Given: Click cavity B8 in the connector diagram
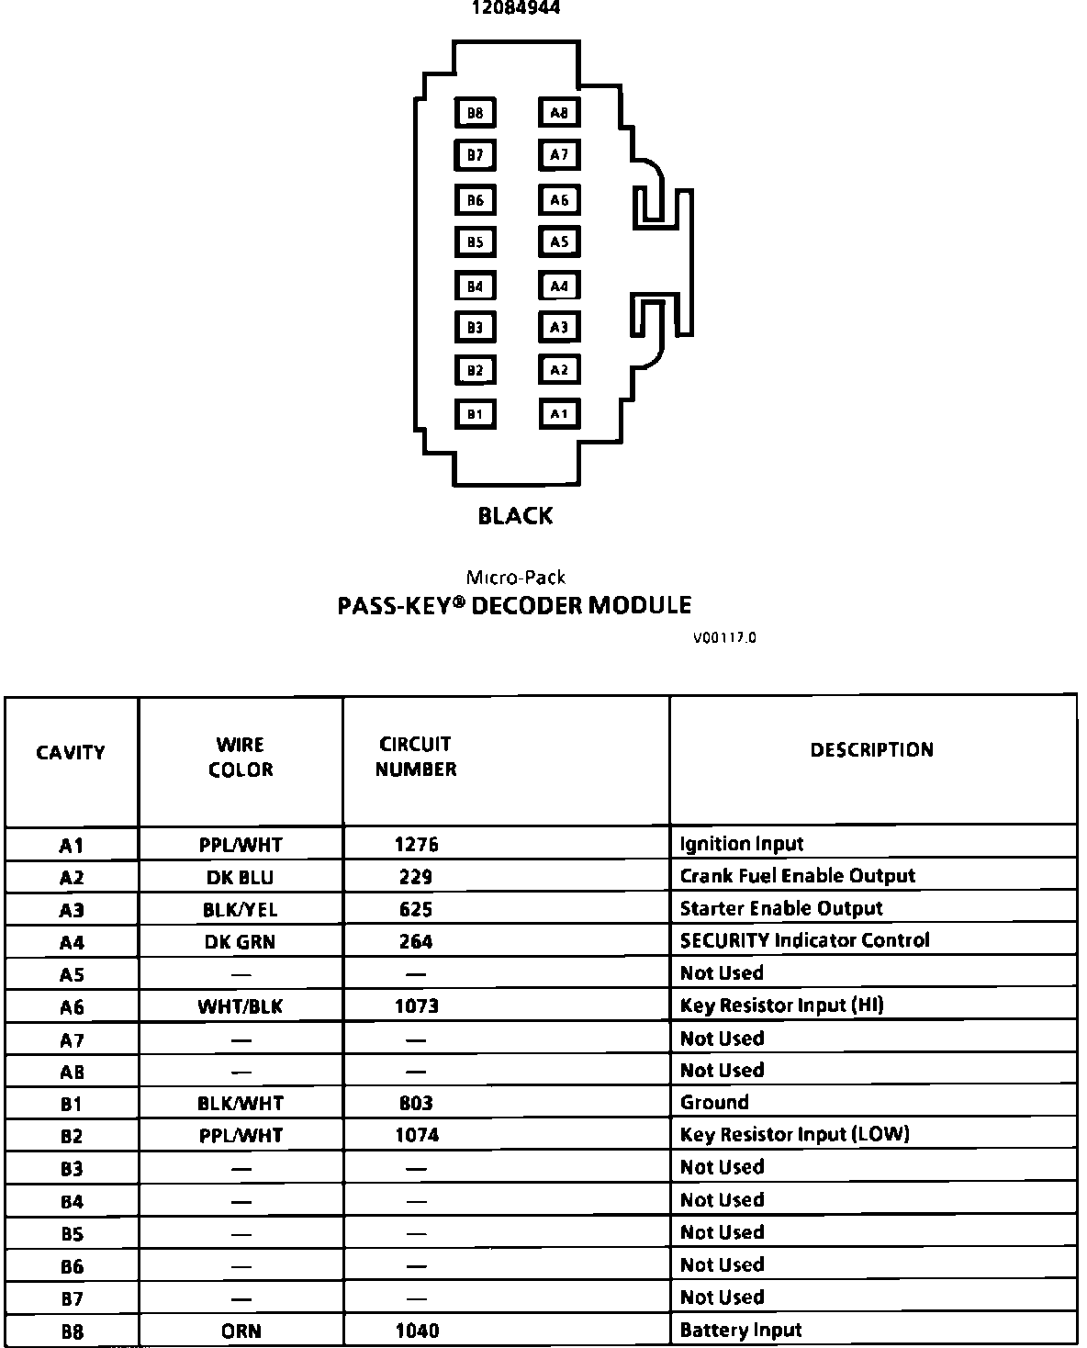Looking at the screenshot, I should pyautogui.click(x=475, y=113).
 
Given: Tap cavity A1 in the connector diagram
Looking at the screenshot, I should pyautogui.click(x=559, y=414).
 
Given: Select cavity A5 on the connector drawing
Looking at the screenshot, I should pyautogui.click(x=559, y=242).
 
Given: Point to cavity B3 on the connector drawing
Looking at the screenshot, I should pyautogui.click(x=475, y=328).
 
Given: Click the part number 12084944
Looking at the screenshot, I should pyautogui.click(x=515, y=8).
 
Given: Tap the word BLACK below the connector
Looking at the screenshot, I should pyautogui.click(x=515, y=516).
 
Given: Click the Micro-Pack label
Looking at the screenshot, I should pyautogui.click(x=515, y=578).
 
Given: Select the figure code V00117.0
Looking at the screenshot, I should pyautogui.click(x=724, y=638).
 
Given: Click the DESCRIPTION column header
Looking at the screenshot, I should pyautogui.click(x=871, y=750).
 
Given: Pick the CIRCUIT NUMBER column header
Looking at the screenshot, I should pyautogui.click(x=416, y=757).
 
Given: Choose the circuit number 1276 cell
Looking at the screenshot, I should pyautogui.click(x=416, y=845).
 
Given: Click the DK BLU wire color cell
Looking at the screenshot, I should pyautogui.click(x=240, y=877).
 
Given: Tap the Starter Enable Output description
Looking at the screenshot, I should pyautogui.click(x=780, y=909).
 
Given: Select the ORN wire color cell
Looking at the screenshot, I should pyautogui.click(x=241, y=1331).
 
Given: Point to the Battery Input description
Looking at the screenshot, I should pyautogui.click(x=740, y=1331).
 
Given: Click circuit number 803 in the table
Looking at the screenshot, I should pyautogui.click(x=416, y=1103).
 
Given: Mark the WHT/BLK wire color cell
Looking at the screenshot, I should pyautogui.click(x=240, y=1006).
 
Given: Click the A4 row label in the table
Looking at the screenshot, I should pyautogui.click(x=72, y=942).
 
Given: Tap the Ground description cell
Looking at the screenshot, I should pyautogui.click(x=714, y=1103).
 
